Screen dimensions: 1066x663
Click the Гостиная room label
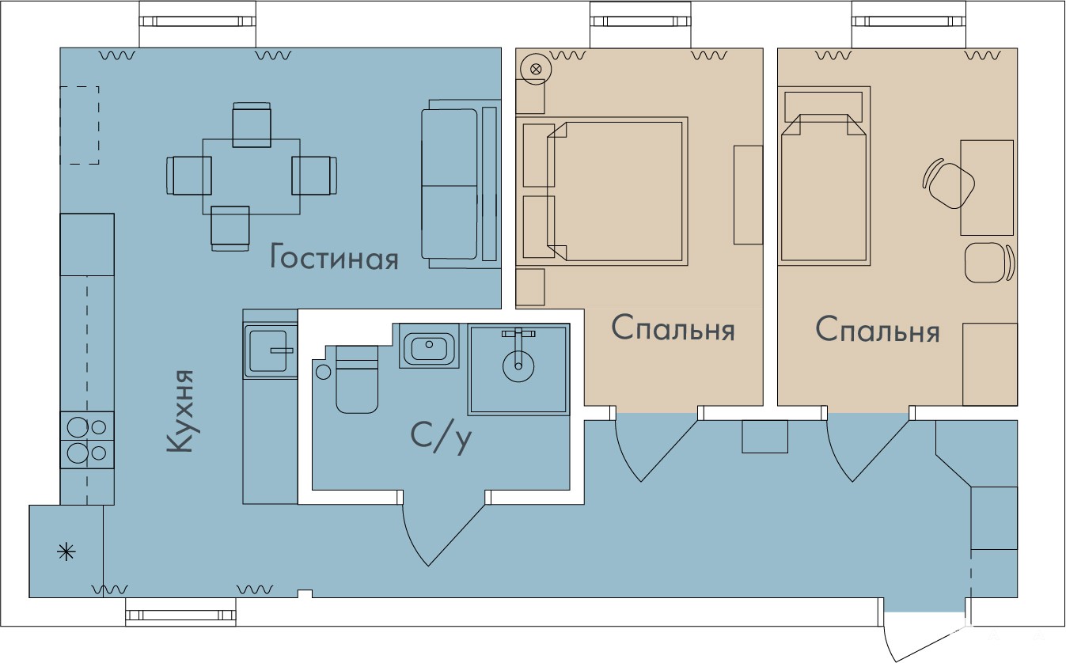click(334, 257)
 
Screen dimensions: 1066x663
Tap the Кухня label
click(181, 411)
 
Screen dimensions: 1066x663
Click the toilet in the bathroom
click(357, 380)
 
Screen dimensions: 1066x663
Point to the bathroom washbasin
click(429, 346)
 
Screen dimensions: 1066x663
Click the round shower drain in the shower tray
click(518, 366)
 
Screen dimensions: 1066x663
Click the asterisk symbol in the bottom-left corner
click(66, 552)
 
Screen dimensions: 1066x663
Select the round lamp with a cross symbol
click(536, 69)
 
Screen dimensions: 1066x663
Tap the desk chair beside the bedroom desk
click(948, 184)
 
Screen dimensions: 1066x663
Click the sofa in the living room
click(461, 184)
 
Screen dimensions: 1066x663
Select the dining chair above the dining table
click(252, 125)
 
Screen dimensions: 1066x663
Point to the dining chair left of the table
click(189, 176)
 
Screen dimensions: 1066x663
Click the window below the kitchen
click(181, 615)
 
